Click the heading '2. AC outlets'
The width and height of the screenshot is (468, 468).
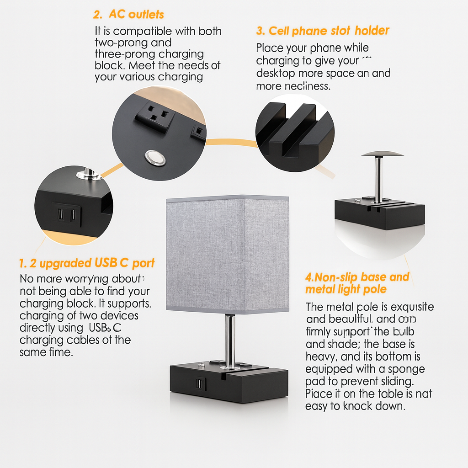[128, 14]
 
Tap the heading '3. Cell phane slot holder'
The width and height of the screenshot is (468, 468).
[322, 31]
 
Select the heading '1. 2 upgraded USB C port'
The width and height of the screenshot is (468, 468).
[87, 263]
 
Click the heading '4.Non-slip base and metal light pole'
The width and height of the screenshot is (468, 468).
[357, 283]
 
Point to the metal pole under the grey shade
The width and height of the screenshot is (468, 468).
[230, 338]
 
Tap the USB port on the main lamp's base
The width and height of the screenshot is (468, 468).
[200, 383]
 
